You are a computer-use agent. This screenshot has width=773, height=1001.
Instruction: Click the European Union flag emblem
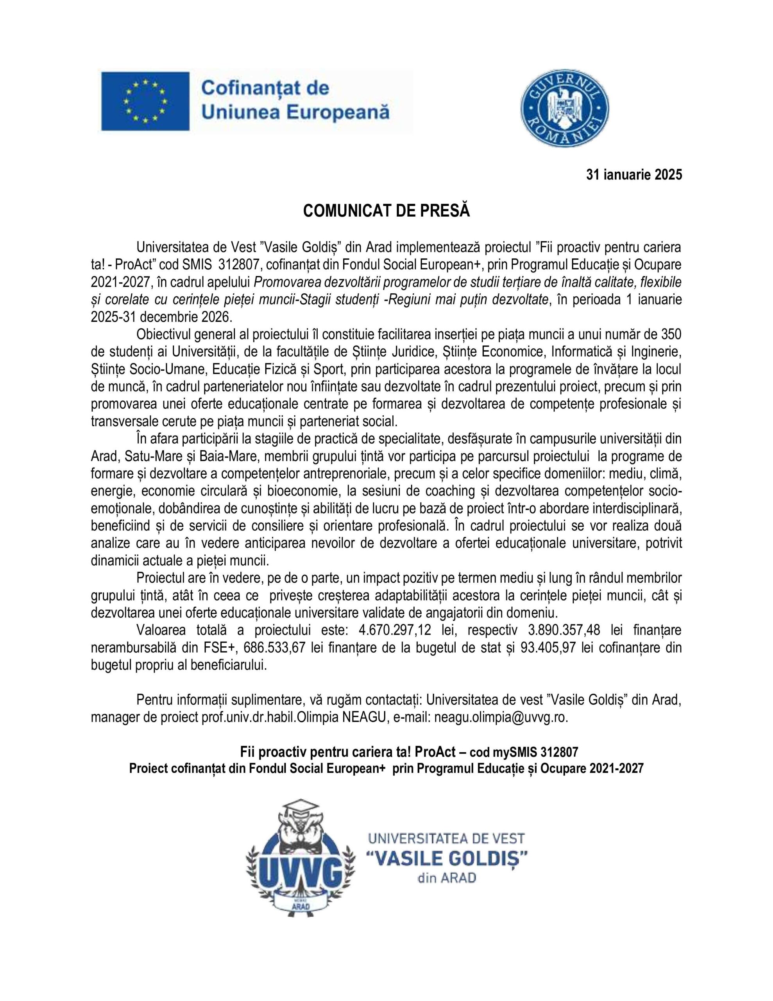[x=145, y=101]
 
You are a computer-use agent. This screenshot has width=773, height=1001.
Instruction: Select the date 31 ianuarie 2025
[x=634, y=175]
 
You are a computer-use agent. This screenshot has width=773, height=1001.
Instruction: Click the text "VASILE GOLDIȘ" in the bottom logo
[x=447, y=858]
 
